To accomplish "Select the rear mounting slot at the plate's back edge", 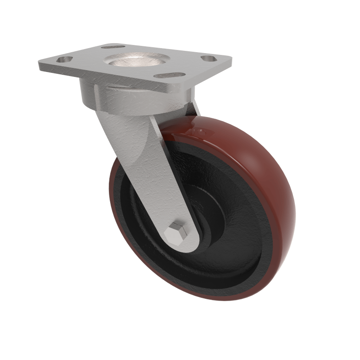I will (x=113, y=46).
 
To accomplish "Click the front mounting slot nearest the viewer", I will (x=169, y=75).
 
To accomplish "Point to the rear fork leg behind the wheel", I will (x=194, y=108).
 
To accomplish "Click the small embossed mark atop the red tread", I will (x=198, y=131).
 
